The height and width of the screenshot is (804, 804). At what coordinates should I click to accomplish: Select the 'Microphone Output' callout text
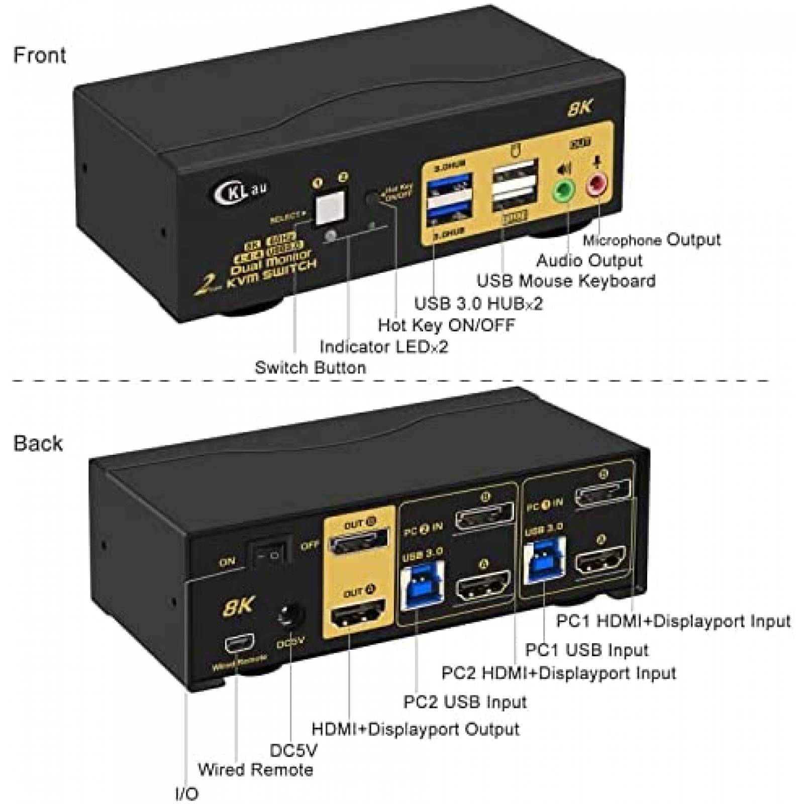click(x=651, y=240)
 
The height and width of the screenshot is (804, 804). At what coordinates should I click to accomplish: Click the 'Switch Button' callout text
click(x=310, y=367)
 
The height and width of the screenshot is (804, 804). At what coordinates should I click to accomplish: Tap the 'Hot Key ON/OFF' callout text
click(x=446, y=325)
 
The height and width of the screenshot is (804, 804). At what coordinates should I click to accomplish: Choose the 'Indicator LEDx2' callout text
click(x=383, y=346)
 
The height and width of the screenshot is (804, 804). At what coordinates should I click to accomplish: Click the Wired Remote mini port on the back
click(x=239, y=644)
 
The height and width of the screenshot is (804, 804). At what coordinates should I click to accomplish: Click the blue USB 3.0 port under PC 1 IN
click(x=544, y=560)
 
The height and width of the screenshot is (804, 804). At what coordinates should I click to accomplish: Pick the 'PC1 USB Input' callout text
click(x=586, y=650)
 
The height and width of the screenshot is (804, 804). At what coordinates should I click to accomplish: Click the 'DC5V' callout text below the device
click(x=293, y=750)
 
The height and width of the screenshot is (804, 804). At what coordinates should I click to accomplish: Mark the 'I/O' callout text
click(x=186, y=793)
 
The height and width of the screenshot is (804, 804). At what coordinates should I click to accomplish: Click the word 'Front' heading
click(x=39, y=55)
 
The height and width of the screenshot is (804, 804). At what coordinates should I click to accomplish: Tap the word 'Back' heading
click(x=38, y=443)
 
